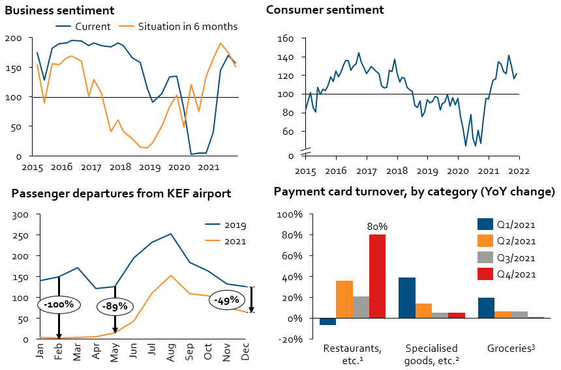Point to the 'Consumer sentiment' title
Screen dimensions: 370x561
325,10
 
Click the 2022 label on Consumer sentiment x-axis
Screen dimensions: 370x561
519,171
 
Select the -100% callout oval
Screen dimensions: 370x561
58,304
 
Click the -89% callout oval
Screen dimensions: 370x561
114,306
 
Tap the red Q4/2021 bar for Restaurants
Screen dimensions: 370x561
377,276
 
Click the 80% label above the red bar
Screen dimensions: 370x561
377,227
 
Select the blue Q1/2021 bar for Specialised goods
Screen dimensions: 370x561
407,298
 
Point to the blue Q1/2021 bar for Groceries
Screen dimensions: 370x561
487,307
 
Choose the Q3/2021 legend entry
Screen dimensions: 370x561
508,257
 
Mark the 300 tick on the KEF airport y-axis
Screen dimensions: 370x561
21,214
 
